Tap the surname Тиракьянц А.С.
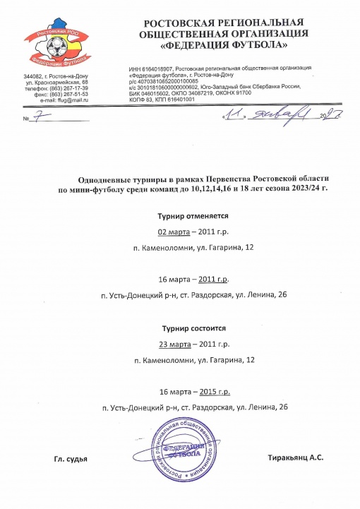pyautogui.click(x=296, y=459)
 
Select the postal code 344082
pyautogui.click(x=35, y=76)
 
